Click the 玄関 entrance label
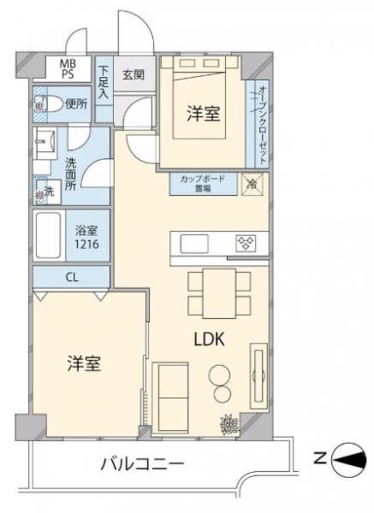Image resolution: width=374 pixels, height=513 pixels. tap(133, 74)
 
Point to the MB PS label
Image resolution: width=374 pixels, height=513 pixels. tap(66, 68)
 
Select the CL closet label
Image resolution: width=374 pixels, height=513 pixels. tap(71, 276)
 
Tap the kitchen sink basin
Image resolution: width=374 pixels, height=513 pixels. tap(194, 244)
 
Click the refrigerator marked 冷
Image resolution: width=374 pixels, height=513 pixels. tap(252, 183)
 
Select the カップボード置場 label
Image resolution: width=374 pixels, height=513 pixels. tap(202, 184)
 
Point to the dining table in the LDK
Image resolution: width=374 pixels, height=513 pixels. tap(220, 292)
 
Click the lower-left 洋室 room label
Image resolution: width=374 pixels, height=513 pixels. tap(85, 363)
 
